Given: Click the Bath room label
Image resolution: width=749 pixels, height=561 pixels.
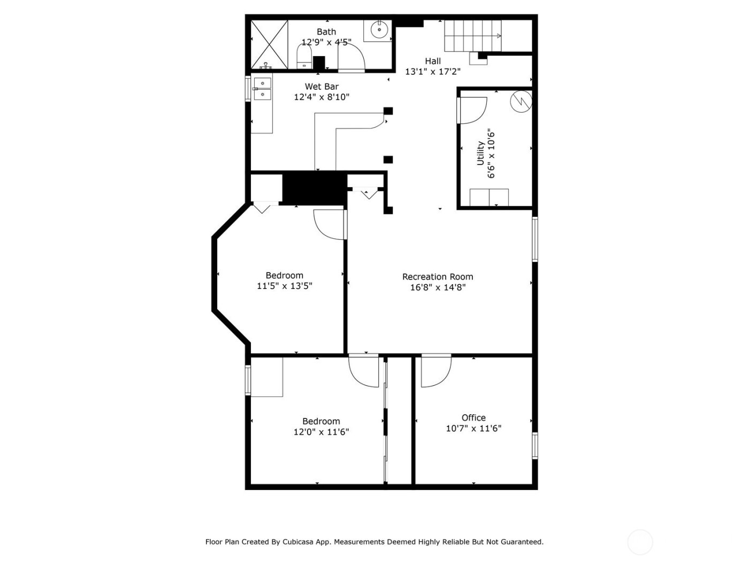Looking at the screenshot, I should point(326,32).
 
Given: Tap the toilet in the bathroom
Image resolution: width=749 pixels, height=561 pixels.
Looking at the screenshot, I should point(304,57).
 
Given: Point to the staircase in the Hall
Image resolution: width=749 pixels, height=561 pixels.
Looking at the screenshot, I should point(473,36).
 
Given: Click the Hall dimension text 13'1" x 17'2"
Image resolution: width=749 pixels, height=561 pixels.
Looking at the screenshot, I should point(432,72).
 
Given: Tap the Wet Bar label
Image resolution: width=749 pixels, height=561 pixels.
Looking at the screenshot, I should point(322,87).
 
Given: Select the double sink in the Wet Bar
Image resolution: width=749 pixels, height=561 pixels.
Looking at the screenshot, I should point(262,89).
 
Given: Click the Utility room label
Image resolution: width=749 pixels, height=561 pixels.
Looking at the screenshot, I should point(480,153).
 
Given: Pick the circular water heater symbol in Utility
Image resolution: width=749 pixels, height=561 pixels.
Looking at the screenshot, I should point(520,102).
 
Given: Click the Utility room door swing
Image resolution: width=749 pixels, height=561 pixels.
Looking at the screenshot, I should point(472,110).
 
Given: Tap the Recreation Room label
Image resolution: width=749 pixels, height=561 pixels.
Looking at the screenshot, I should point(438,277).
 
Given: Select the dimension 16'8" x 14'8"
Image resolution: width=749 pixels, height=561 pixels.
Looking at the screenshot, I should point(438,287).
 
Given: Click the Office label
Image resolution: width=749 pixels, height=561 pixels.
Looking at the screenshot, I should point(473,418).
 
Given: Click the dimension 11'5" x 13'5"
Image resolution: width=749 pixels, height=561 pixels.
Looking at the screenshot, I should point(285,286).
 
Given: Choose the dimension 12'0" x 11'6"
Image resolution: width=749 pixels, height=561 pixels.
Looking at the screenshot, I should point(321,432).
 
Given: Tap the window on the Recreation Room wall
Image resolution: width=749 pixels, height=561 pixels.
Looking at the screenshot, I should point(534,239).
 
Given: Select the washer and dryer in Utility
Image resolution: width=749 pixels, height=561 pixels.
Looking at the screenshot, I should point(489,197).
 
